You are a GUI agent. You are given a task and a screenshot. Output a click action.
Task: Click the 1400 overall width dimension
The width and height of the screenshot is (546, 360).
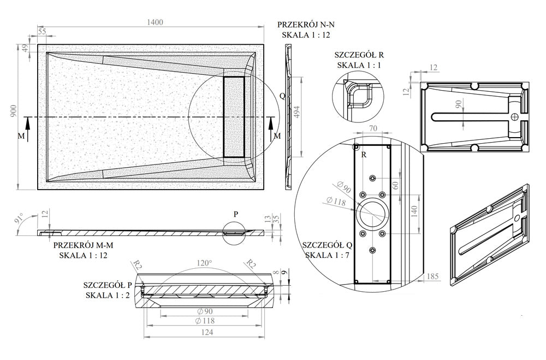click(x=155, y=22)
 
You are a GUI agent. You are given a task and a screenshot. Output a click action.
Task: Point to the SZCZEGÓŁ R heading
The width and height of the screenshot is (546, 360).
click(x=361, y=55)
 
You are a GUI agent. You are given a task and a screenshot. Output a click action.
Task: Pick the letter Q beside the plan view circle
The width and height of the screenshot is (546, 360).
click(x=282, y=95)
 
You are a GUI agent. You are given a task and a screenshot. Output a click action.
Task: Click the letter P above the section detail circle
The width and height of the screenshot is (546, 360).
click(x=235, y=214)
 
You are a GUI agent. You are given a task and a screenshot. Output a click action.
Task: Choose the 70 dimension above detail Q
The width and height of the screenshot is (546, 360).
click(x=373, y=129)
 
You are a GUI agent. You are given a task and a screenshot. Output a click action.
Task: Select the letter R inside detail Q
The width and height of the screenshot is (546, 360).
click(x=363, y=155)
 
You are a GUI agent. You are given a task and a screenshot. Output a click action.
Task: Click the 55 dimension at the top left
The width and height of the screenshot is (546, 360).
click(x=42, y=32)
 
